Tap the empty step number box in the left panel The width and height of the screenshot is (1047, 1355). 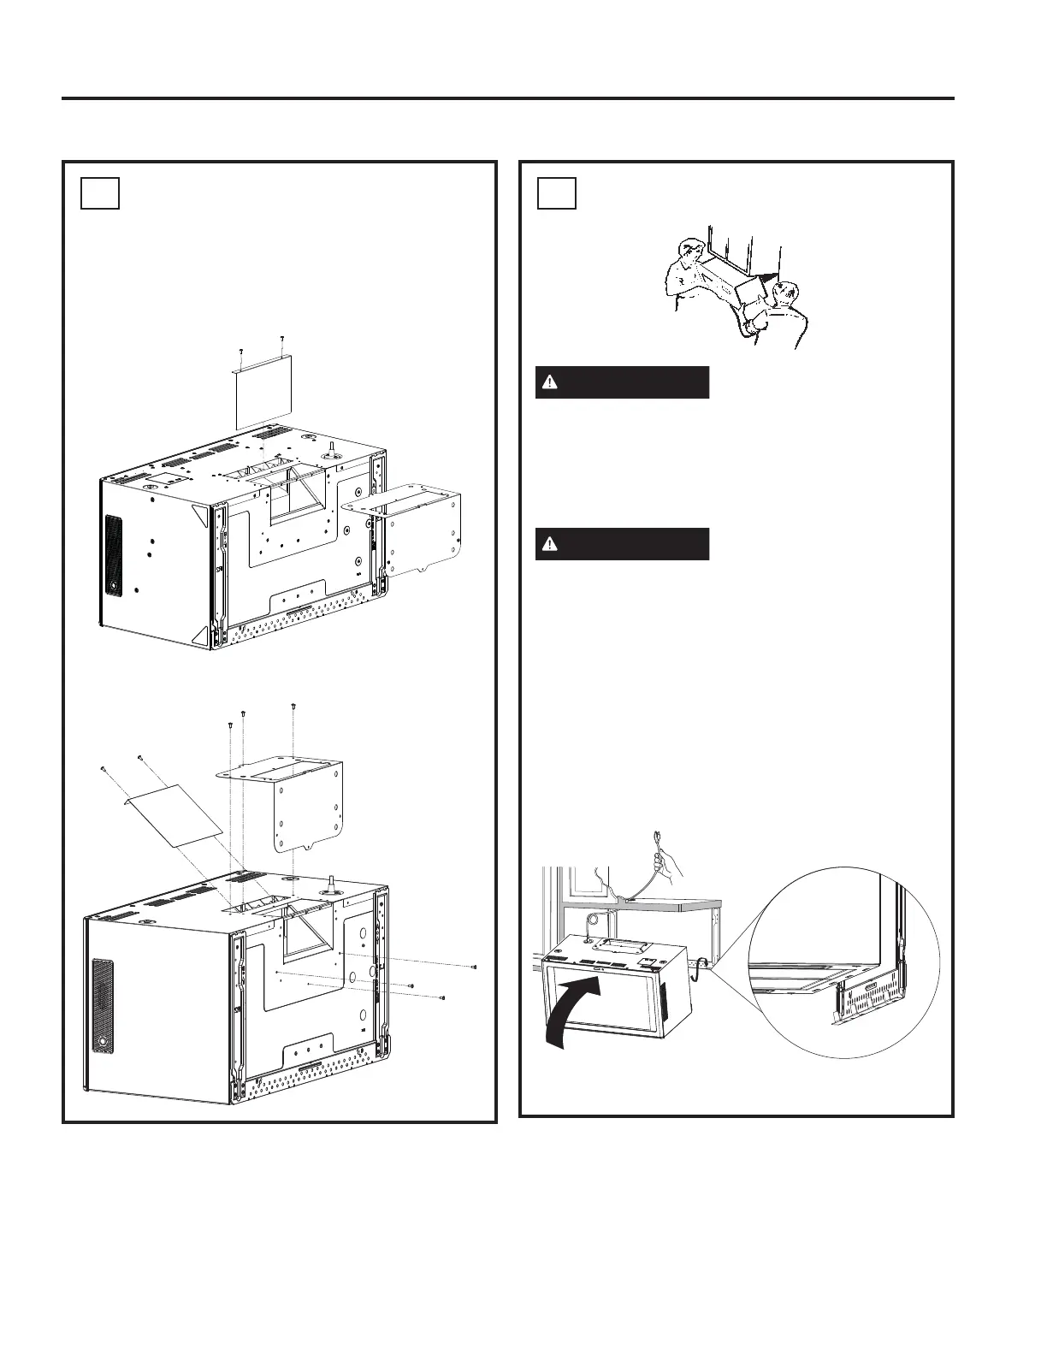tap(99, 193)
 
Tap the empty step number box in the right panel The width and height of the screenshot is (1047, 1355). tap(557, 193)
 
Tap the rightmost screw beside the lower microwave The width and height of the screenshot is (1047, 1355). tap(474, 967)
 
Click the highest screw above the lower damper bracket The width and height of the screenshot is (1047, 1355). tap(293, 706)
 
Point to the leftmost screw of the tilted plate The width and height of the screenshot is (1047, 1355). tap(102, 768)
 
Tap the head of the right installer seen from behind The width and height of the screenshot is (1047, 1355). tap(784, 293)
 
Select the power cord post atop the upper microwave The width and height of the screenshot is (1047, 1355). tap(330, 447)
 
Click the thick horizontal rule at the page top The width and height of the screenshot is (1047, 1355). tap(507, 98)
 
